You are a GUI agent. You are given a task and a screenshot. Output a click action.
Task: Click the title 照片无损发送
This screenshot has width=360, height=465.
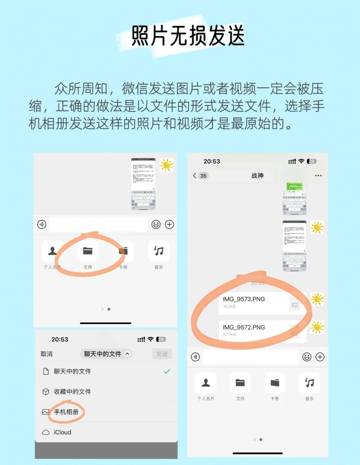click(188, 36)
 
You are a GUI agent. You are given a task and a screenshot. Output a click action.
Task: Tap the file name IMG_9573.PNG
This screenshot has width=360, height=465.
click(244, 299)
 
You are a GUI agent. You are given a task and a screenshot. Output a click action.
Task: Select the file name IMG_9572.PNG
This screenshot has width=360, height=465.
click(244, 327)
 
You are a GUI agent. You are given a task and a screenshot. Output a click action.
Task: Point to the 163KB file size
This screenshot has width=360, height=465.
click(229, 306)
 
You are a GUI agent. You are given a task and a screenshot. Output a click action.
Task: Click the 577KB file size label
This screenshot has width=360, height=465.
click(229, 335)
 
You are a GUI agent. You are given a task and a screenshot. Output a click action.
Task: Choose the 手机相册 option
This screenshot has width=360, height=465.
click(66, 412)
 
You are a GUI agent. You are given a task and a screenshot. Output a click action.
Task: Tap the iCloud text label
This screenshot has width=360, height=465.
click(62, 432)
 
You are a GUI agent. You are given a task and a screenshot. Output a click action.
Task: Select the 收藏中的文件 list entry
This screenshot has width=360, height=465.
click(72, 392)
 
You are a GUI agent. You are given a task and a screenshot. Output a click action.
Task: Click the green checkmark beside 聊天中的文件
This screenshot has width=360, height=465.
click(167, 371)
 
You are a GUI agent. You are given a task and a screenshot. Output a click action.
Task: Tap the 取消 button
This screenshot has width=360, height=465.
click(46, 354)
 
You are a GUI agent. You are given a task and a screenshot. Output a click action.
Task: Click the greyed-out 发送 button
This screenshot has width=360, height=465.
click(162, 354)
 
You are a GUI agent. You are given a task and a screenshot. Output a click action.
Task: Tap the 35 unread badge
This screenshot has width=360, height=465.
click(203, 176)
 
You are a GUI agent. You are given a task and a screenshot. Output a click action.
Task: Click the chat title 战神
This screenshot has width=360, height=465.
click(257, 176)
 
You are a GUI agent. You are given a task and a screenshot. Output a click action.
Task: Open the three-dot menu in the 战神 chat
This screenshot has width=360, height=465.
click(318, 176)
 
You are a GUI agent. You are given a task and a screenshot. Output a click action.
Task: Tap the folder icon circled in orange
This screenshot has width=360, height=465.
click(88, 251)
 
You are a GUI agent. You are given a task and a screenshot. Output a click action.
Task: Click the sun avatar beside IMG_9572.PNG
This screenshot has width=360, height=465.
click(317, 328)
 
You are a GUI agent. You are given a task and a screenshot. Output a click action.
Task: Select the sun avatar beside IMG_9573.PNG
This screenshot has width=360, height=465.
click(317, 299)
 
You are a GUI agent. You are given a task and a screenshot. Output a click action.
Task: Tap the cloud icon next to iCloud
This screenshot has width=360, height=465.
click(46, 432)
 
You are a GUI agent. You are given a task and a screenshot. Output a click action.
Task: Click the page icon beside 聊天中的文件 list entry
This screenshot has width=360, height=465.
click(46, 371)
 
